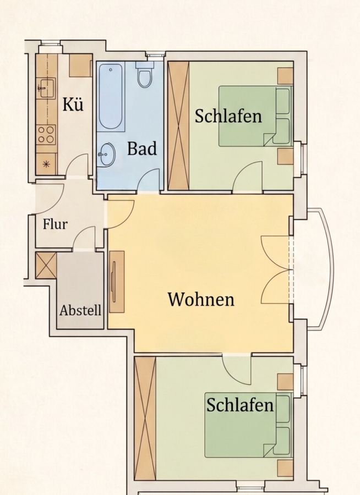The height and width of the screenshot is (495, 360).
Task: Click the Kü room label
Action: tap(73, 104)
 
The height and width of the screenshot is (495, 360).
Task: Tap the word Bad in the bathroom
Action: tap(142, 148)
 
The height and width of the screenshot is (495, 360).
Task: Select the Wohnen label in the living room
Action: tap(201, 299)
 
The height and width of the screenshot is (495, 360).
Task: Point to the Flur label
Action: tap(55, 224)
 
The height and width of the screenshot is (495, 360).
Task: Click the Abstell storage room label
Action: tap(80, 310)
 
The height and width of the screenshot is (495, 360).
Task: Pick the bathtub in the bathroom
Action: tap(111, 97)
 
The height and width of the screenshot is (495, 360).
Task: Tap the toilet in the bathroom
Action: tap(144, 74)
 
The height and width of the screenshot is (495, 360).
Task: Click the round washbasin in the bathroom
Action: tap(107, 155)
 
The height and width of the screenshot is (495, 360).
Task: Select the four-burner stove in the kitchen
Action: tap(46, 135)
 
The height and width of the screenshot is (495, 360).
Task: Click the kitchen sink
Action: tap(46, 88)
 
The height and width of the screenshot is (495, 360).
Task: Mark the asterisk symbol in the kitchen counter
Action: tap(46, 164)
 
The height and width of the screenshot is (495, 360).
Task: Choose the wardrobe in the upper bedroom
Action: tap(178, 126)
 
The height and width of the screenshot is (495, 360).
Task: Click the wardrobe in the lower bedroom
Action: tap(145, 419)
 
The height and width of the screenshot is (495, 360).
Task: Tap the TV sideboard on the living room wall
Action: tap(117, 282)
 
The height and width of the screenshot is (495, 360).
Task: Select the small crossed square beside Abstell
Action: tap(46, 266)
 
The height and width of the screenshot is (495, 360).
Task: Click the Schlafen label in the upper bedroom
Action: tap(228, 116)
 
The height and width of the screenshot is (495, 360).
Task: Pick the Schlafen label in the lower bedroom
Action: tap(240, 405)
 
